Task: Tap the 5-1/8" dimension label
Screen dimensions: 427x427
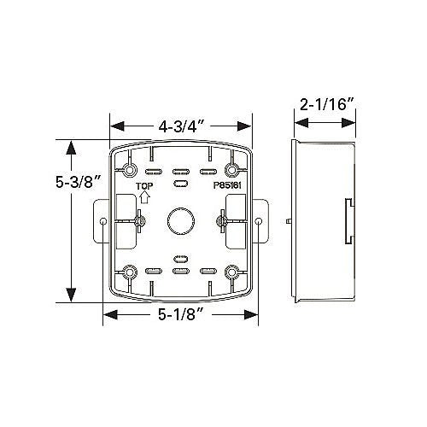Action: [181, 314]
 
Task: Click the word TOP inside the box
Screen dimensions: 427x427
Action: [144, 186]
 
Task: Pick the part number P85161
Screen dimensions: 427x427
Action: [227, 185]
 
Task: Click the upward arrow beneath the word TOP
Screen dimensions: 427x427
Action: [145, 197]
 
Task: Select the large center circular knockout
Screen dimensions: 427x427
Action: [181, 221]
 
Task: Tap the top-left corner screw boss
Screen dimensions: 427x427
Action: [130, 170]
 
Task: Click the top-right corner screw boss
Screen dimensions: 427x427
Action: [232, 170]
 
